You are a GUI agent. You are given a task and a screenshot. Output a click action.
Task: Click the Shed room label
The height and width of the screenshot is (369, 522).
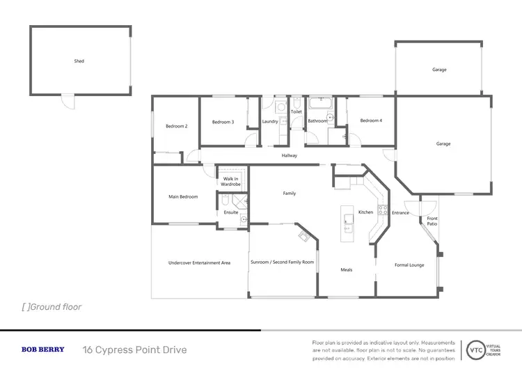79,61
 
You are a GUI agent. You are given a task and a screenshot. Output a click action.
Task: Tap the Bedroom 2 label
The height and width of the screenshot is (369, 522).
176,126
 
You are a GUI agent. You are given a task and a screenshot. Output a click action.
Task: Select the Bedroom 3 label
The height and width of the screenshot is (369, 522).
223,122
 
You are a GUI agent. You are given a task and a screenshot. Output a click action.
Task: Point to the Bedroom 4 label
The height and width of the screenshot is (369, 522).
371,121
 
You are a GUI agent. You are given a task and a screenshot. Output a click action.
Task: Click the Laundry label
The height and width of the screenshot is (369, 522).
270,122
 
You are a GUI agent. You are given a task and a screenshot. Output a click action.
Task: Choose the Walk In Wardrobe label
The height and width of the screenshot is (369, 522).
231,182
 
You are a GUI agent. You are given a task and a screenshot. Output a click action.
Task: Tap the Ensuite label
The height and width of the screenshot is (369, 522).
231,212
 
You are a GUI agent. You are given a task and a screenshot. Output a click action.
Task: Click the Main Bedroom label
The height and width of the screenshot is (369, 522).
183,197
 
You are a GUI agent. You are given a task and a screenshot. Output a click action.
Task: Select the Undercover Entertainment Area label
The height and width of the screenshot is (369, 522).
199,262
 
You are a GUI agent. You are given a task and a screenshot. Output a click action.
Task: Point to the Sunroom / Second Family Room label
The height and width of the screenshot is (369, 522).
282,262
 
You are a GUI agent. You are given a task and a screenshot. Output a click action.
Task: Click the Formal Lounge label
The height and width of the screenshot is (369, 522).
410,265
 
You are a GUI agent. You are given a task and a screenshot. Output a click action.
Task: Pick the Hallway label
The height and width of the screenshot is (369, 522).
290,155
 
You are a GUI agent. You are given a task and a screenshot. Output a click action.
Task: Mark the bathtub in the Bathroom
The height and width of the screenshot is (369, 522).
322,104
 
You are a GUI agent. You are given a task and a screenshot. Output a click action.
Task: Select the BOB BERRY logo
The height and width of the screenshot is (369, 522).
43,350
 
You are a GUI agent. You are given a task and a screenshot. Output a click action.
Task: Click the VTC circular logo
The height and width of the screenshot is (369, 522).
476,350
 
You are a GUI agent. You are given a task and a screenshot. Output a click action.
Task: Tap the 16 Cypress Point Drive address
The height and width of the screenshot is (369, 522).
134,350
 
